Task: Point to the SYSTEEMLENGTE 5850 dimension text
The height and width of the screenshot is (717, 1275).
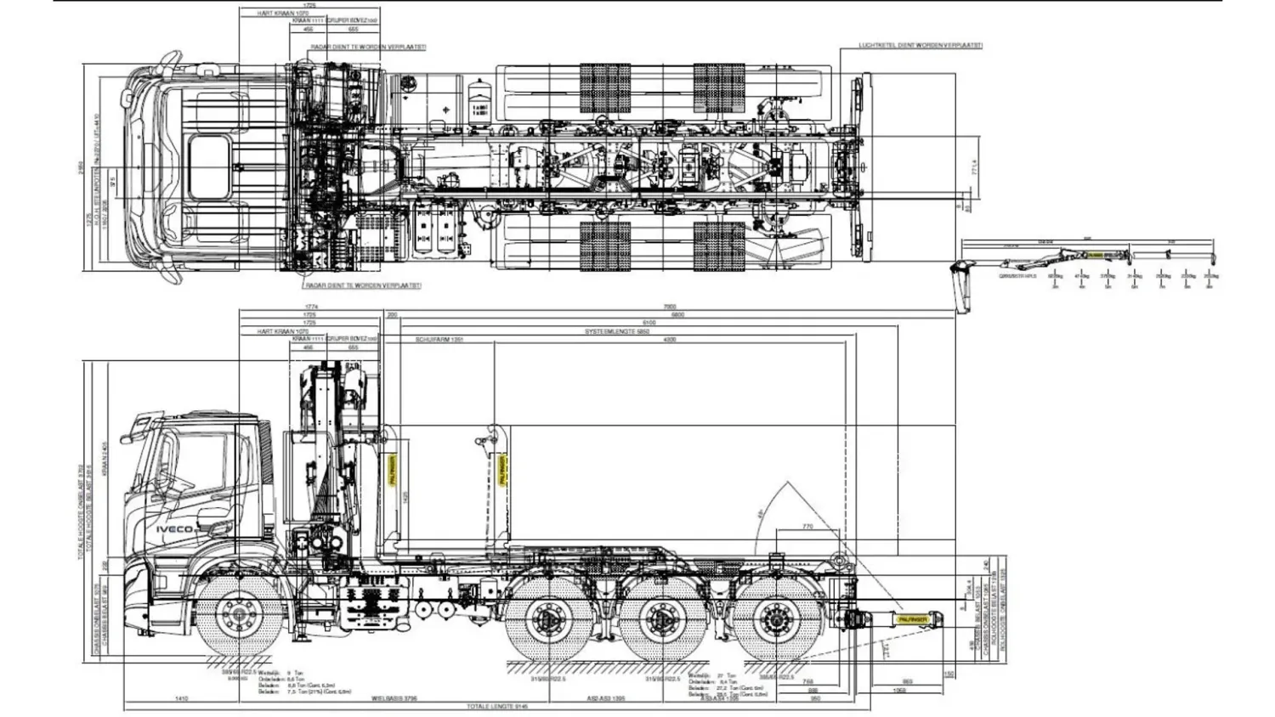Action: [x=616, y=331]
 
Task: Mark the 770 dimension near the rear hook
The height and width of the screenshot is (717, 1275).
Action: [x=807, y=527]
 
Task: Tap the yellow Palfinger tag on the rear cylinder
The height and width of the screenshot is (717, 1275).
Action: [x=913, y=619]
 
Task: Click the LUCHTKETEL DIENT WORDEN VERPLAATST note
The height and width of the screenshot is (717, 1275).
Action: [x=921, y=45]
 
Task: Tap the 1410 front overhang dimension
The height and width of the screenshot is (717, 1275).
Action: [x=181, y=698]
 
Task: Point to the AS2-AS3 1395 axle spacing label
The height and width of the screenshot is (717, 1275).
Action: [x=606, y=698]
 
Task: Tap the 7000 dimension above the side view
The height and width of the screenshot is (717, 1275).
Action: [x=669, y=307]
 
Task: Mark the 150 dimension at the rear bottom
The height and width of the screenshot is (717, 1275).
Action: [x=949, y=675]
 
